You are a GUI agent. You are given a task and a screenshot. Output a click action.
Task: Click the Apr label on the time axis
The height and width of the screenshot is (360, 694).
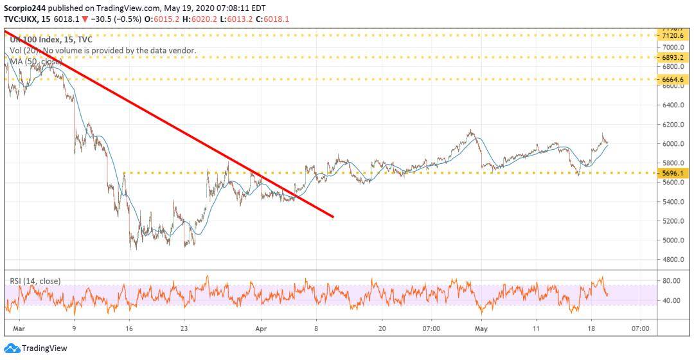(x=262, y=328)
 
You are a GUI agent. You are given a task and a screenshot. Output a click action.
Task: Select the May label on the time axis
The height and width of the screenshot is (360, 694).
(x=481, y=328)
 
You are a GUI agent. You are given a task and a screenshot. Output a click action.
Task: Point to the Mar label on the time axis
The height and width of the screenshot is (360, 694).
(x=19, y=328)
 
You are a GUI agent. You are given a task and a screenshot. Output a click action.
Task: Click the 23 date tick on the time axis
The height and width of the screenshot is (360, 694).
(x=184, y=328)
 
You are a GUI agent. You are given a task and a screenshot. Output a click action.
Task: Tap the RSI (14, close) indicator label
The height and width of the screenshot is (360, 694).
(x=35, y=281)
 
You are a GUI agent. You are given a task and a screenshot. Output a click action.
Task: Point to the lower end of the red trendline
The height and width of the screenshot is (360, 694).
(x=333, y=217)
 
